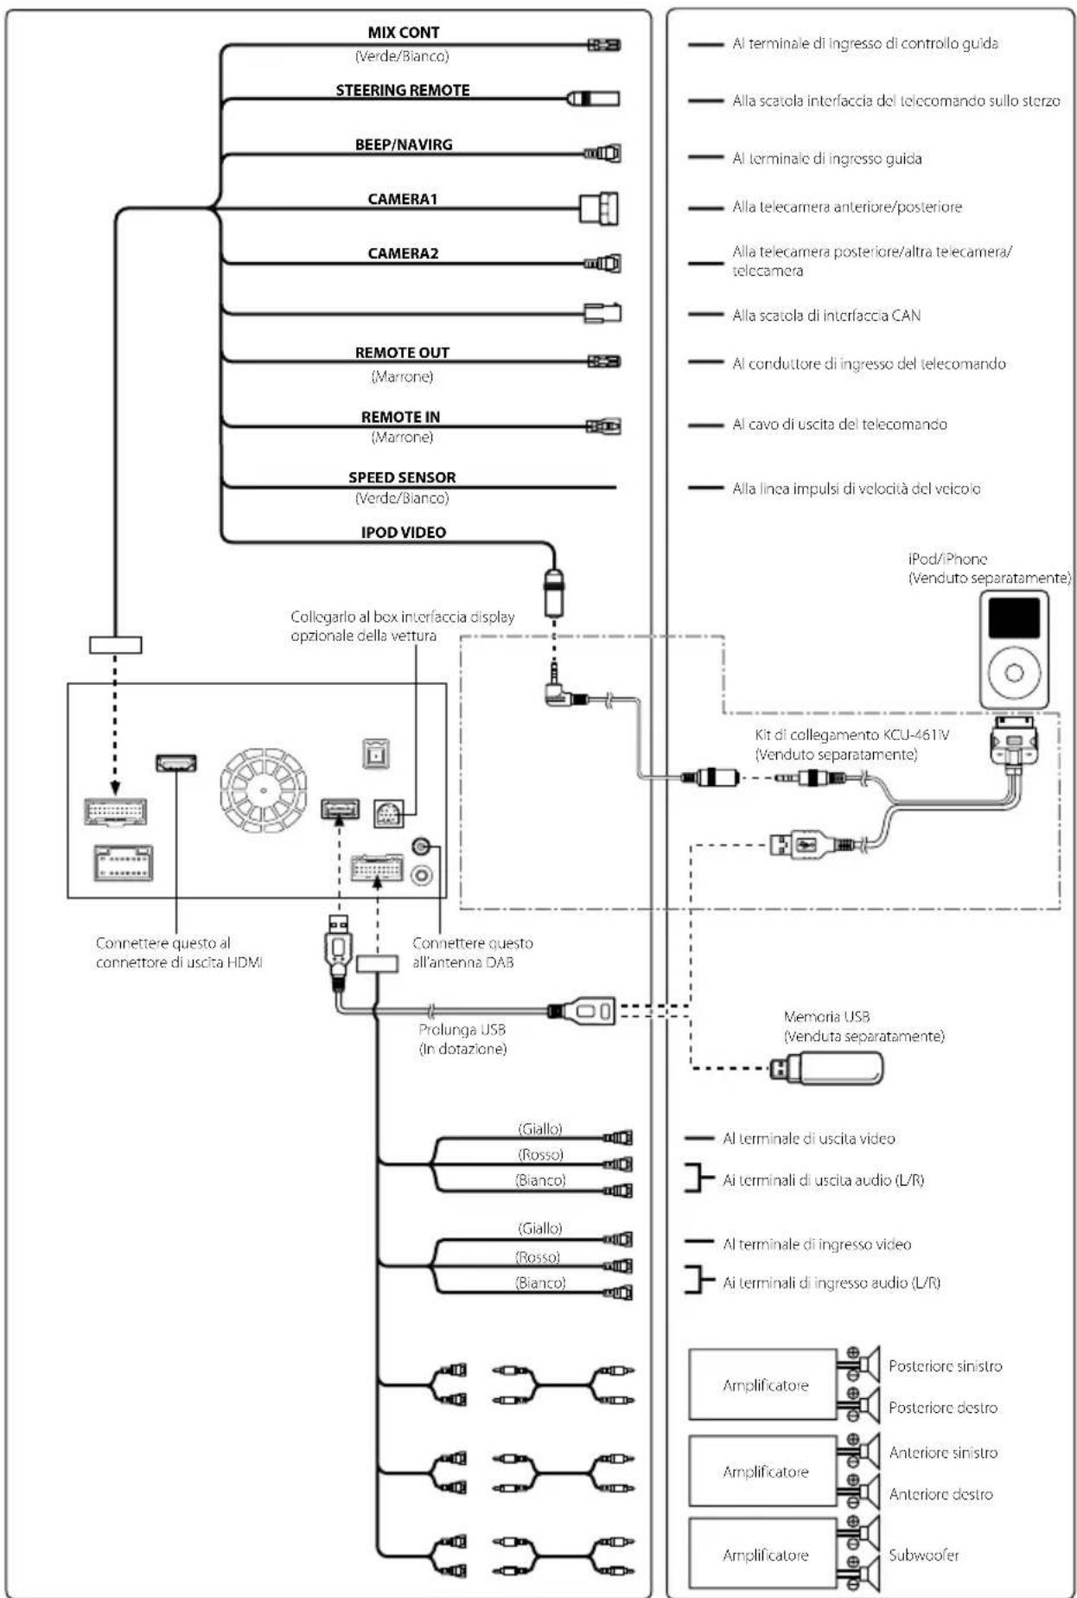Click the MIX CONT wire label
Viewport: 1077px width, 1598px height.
point(404,33)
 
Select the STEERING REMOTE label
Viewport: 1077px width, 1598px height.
point(403,90)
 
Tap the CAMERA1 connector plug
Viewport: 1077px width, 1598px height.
point(599,208)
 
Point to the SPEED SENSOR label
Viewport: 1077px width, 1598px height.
point(402,477)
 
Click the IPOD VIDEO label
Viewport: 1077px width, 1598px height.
point(404,533)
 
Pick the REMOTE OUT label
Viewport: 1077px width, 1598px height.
point(402,353)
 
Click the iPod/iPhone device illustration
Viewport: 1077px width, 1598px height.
point(1014,649)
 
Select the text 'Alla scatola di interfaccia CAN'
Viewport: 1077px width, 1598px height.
point(826,316)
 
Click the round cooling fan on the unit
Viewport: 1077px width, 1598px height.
point(263,789)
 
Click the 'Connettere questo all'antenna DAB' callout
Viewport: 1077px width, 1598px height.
point(472,952)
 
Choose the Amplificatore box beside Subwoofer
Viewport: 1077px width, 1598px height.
point(763,1555)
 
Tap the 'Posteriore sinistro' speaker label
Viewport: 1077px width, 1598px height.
point(945,1366)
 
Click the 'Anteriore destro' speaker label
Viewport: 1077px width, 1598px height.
point(940,1494)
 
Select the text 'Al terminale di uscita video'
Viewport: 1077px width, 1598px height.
point(809,1139)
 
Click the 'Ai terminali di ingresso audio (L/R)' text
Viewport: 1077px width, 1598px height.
point(832,1282)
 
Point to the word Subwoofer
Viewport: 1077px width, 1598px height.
point(924,1555)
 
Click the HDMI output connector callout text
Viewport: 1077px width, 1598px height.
point(179,952)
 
